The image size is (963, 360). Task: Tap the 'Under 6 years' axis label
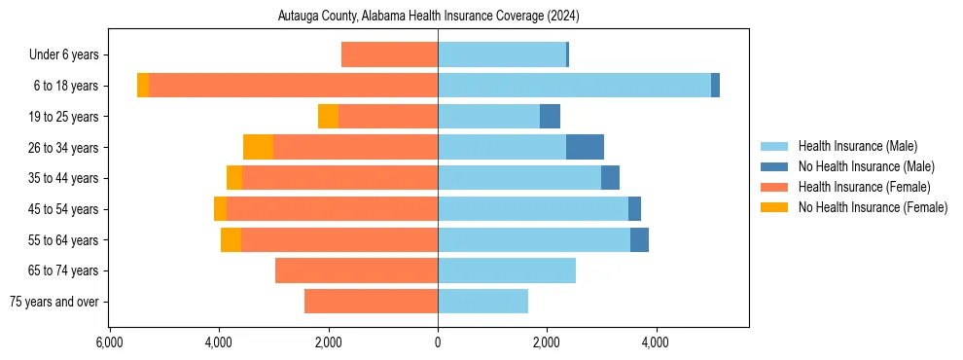(x=69, y=55)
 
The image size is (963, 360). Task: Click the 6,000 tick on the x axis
(x=109, y=342)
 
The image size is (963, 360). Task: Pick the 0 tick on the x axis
(x=438, y=342)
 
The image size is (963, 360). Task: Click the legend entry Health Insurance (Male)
(x=857, y=146)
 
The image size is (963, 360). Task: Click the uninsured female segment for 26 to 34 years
(x=258, y=147)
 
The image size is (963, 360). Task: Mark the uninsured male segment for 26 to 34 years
(x=585, y=147)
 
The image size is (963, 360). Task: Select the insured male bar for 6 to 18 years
(x=574, y=86)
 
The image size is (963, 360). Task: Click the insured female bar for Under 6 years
(x=389, y=55)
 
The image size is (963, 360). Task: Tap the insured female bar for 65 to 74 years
(x=356, y=270)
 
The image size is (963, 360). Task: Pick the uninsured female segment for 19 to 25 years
(x=328, y=117)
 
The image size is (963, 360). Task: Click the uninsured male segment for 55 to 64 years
(x=639, y=239)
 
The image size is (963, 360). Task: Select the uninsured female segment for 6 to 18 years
(x=143, y=86)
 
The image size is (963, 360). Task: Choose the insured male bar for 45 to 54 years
(x=533, y=209)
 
